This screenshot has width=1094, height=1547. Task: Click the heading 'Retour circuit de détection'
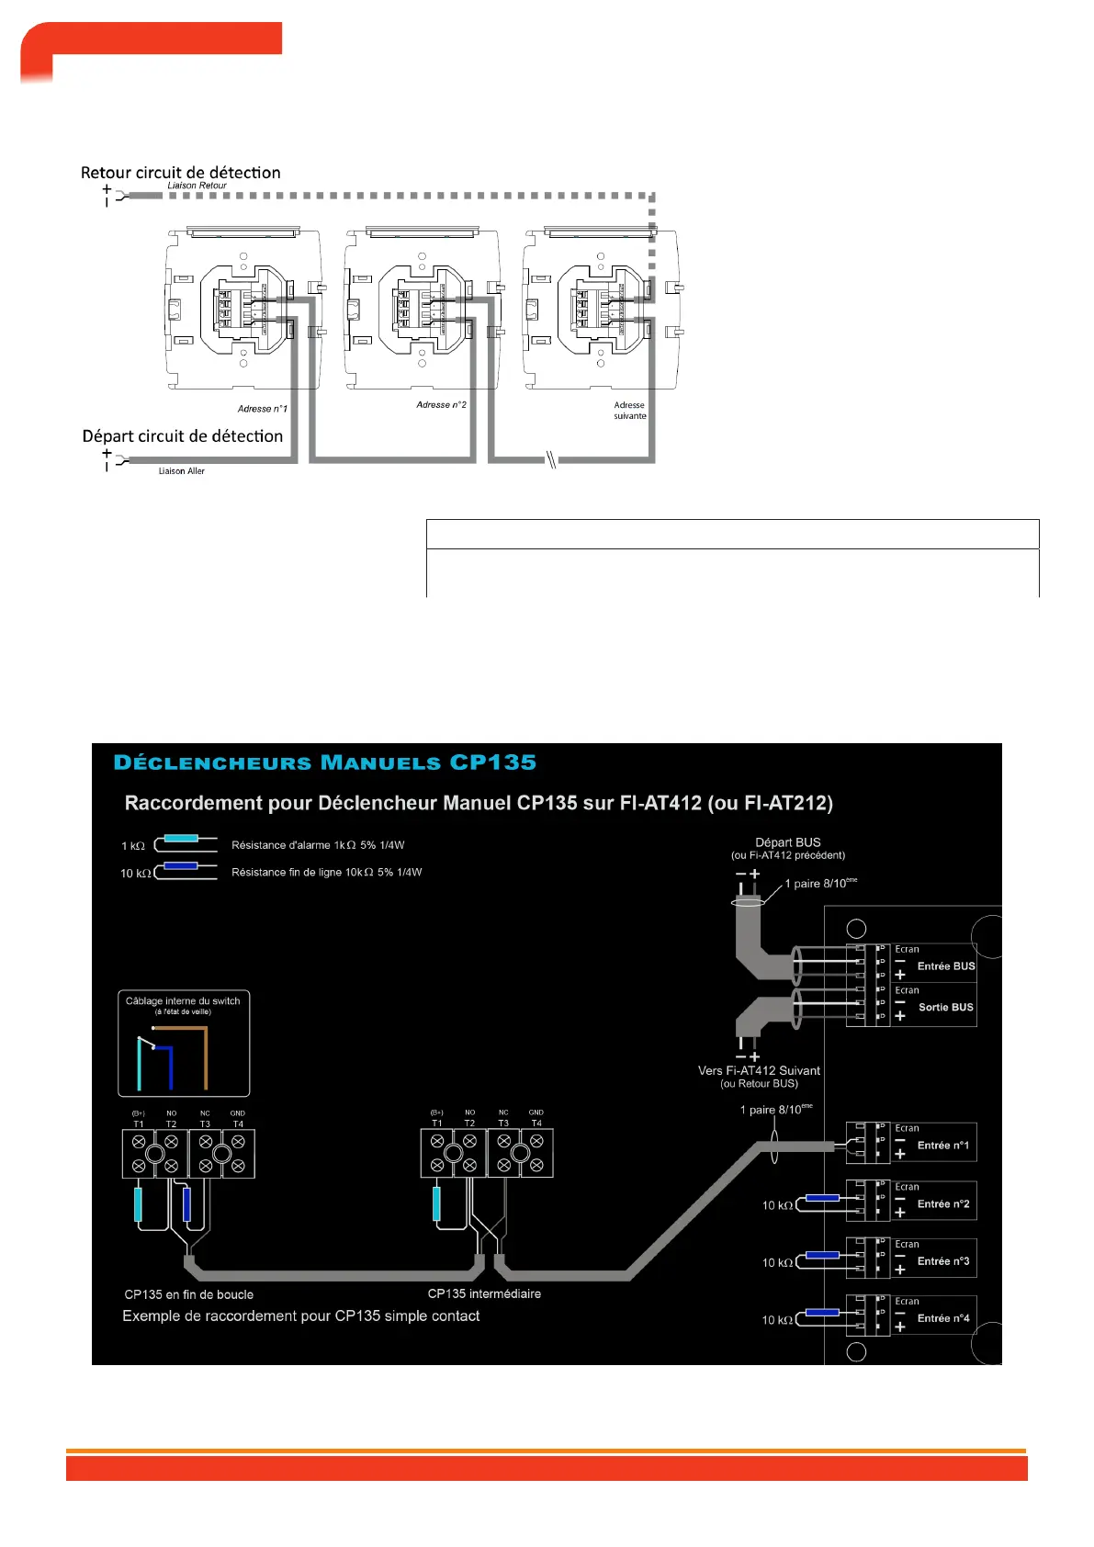180,173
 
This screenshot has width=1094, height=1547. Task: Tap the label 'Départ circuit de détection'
182,436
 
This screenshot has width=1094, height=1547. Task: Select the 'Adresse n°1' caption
262,409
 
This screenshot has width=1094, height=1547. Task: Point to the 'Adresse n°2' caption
441,404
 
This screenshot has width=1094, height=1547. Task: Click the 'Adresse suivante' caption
629,411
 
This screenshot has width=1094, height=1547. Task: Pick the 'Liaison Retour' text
197,186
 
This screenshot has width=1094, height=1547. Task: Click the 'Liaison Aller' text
181,471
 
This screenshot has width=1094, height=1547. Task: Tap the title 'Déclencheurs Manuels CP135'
324,762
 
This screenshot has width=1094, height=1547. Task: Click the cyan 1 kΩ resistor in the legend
181,839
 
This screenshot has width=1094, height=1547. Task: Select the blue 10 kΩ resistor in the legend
181,866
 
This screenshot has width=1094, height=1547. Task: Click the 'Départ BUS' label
787,842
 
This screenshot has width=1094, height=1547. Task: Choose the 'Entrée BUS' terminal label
945,966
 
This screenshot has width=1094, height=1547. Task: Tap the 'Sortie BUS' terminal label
945,1008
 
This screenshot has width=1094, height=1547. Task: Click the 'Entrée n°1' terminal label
942,1146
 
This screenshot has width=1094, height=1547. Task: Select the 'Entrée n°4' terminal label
942,1318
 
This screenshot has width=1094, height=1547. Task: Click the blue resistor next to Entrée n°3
822,1255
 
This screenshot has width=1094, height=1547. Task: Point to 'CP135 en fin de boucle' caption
188,1294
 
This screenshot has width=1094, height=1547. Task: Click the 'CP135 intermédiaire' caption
484,1293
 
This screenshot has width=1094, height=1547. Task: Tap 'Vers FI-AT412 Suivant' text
759,1070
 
